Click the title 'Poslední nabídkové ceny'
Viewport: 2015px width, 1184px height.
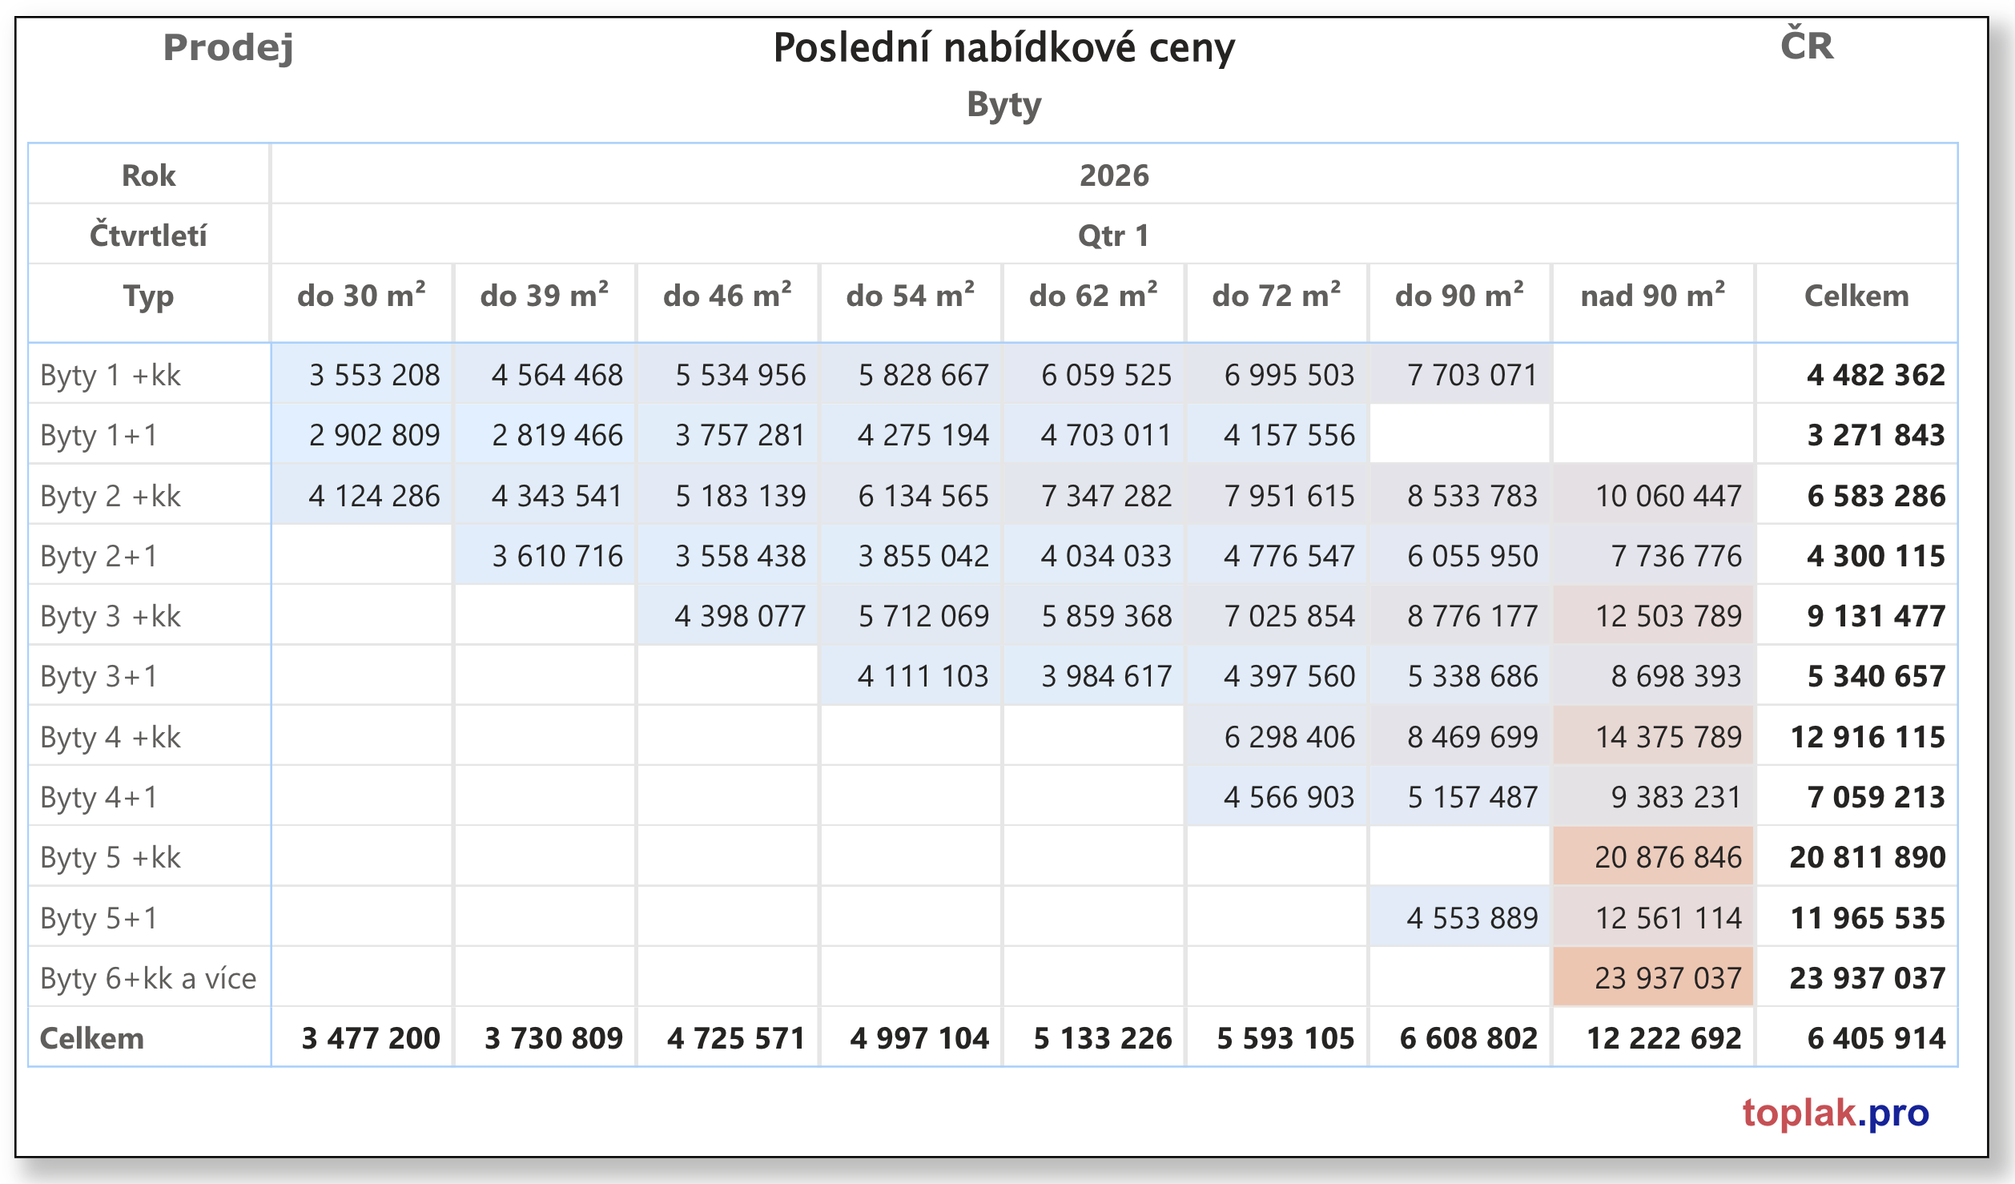click(x=1003, y=48)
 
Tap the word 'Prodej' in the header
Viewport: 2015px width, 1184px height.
click(x=228, y=48)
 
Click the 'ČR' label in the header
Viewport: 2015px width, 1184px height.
click(x=1807, y=46)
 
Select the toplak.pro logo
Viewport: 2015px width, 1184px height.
click(x=1835, y=1113)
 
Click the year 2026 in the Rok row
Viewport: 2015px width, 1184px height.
click(x=1113, y=175)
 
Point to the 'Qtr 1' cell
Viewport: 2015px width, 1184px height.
click(x=1113, y=236)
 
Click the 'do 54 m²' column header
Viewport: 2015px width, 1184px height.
click(x=910, y=296)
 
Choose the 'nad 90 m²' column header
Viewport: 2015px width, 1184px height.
click(x=1652, y=296)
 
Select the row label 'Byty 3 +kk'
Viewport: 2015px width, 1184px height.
click(x=111, y=616)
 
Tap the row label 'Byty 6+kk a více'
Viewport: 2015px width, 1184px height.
click(x=148, y=978)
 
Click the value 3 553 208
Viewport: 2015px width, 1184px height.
click(x=374, y=375)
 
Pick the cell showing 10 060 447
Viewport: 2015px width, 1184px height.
click(x=1667, y=496)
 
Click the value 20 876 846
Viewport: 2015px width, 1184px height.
click(x=1667, y=857)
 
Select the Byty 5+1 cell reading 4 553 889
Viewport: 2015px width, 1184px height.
click(x=1472, y=918)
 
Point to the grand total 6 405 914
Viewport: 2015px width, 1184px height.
click(x=1876, y=1038)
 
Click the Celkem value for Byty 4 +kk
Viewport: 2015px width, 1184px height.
click(x=1867, y=737)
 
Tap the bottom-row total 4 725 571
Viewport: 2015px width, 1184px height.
click(x=735, y=1038)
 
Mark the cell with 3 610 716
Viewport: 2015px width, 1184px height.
click(x=557, y=556)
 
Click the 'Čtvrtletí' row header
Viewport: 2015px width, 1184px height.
click(x=148, y=236)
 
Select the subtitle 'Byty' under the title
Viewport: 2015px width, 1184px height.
click(x=1003, y=105)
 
